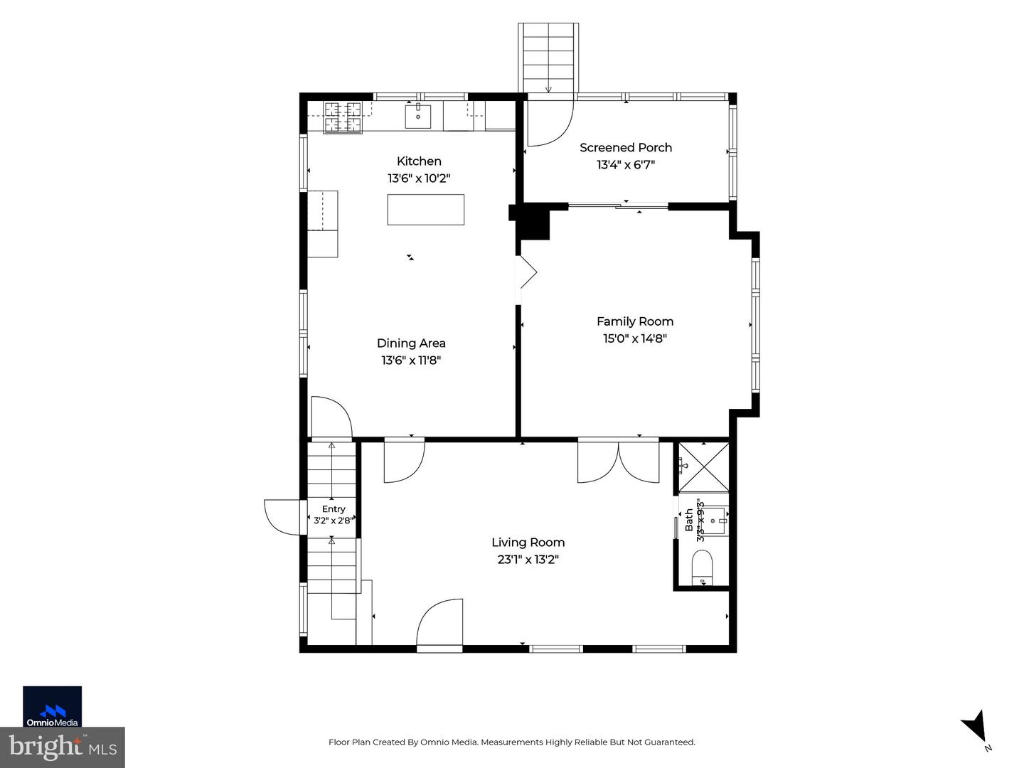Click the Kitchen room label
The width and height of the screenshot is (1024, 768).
[418, 161]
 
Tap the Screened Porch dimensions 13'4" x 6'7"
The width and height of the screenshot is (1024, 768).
[626, 164]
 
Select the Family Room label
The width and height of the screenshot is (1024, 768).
[634, 321]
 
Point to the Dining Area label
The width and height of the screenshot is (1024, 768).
[411, 343]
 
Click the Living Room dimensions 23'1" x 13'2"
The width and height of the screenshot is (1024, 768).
[528, 559]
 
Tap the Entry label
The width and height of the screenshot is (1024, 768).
[333, 508]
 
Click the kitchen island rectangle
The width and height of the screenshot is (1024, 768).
[425, 210]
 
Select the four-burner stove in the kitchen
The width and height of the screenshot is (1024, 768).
[343, 117]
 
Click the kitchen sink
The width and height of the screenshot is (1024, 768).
[417, 116]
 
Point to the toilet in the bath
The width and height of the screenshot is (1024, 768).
[702, 567]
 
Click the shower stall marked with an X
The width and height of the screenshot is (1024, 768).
[703, 466]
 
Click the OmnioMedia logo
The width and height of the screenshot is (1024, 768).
[52, 706]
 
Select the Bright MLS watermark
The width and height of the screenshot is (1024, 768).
[62, 747]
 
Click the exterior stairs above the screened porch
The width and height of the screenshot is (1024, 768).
[548, 58]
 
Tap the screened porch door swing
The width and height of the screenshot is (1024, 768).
[550, 124]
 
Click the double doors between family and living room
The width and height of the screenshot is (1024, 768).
[618, 460]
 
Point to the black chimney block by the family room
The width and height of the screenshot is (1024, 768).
[532, 222]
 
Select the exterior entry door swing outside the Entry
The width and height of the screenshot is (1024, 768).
[282, 517]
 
